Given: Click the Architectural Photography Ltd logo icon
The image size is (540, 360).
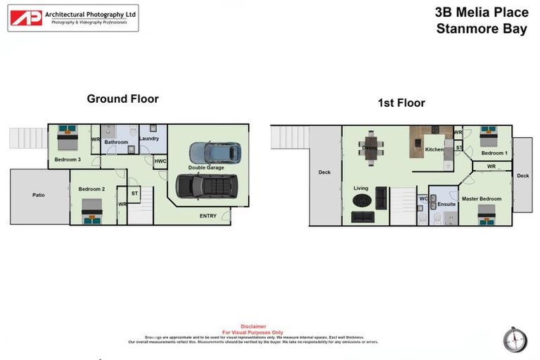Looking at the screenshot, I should coord(26,18).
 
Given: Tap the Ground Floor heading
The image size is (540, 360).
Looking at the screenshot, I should coord(122,99).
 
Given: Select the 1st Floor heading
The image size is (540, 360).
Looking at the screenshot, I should coord(401,103).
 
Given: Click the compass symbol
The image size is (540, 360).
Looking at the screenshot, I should coord(515,340).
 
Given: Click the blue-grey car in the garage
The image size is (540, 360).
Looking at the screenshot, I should coord(214,152).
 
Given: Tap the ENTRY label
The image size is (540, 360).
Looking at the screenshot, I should coord(208,216).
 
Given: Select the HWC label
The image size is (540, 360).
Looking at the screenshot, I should coord(160,161).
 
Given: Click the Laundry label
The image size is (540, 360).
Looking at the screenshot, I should coord(149,139).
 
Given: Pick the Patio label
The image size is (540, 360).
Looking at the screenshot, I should coord(39,195).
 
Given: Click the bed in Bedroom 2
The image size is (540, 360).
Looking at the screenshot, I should coord(91,210).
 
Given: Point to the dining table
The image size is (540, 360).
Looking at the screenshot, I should coord(371,146).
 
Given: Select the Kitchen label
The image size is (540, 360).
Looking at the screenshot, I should coord(434,150).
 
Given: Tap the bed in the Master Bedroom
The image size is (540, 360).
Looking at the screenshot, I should coord(487,212).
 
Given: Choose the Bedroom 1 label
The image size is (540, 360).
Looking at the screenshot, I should coord(494,153).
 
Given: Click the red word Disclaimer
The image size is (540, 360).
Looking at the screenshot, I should coord(253,326).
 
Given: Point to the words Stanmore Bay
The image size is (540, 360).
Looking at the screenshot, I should coord(481,30).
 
